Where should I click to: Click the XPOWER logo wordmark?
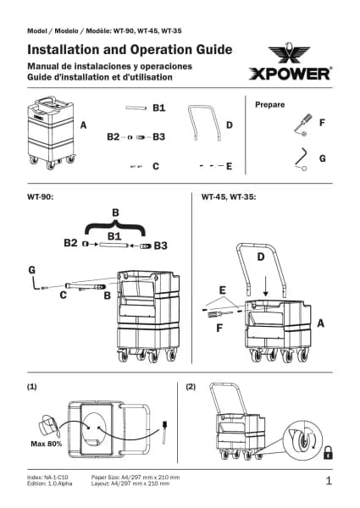tap(291, 74)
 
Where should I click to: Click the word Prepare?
tap(270, 105)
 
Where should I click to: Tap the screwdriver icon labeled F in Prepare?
tap(303, 124)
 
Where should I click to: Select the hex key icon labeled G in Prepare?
tap(301, 159)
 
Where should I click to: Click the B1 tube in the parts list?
tap(136, 108)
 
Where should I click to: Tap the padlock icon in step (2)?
tap(328, 452)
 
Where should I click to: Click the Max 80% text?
tap(47, 444)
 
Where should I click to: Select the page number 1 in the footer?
tap(329, 481)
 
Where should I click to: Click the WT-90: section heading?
tap(40, 196)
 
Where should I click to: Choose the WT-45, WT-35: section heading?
tap(229, 196)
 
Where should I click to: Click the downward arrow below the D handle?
tap(265, 286)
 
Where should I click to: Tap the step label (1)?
tap(31, 387)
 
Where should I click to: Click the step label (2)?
tap(191, 387)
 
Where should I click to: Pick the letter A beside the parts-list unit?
tap(83, 125)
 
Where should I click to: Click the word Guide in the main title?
tap(213, 50)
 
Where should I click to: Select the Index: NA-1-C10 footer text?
tap(47, 478)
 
